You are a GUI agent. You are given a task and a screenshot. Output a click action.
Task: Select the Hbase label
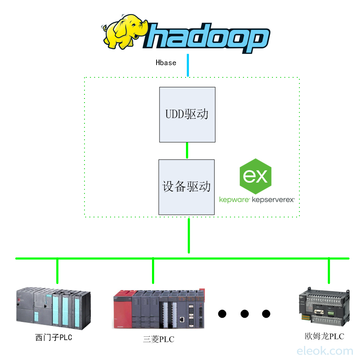[x=166, y=63]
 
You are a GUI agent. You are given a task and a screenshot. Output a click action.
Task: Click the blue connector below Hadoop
[x=188, y=65]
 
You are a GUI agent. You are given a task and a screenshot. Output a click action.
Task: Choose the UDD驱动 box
[x=187, y=114]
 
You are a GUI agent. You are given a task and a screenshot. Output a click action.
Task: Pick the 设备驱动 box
[x=186, y=187]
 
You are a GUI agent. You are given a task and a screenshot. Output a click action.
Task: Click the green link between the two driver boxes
[x=187, y=151]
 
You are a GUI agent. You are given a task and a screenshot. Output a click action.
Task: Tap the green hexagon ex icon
[x=255, y=176]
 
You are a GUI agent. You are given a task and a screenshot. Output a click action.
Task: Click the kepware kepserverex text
[x=257, y=199]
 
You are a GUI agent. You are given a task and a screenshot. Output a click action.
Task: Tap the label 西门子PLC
[x=53, y=338]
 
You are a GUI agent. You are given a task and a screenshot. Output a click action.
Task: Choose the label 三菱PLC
[x=159, y=340]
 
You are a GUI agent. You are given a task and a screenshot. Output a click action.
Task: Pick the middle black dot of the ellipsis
[x=244, y=314]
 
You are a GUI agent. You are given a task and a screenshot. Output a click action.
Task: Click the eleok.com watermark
[x=325, y=351]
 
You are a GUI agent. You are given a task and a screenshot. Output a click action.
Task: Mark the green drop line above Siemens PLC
[x=57, y=271]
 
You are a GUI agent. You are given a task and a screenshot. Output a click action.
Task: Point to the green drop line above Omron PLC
[x=329, y=271]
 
